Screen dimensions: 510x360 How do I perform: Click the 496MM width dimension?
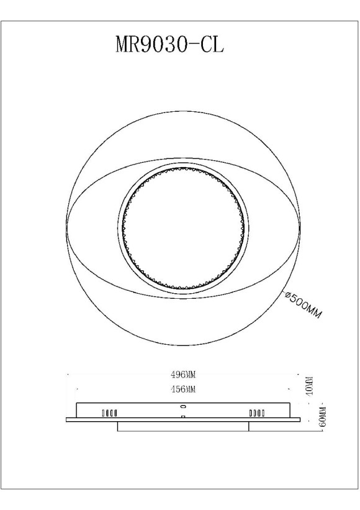tap(183, 375)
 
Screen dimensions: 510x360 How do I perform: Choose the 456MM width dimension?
tap(183, 389)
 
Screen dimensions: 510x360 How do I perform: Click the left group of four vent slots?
tap(109, 412)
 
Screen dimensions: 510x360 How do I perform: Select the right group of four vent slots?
tap(256, 412)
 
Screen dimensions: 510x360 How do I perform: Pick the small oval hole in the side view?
tap(183, 406)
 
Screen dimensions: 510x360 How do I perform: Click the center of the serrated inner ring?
tap(183, 227)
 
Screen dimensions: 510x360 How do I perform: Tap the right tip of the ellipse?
tap(301, 227)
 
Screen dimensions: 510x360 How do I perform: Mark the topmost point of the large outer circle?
tap(183, 110)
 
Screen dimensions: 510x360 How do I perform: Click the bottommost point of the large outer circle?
tap(183, 345)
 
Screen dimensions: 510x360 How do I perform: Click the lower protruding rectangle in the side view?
tap(183, 426)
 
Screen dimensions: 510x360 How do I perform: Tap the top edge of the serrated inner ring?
tap(183, 166)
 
